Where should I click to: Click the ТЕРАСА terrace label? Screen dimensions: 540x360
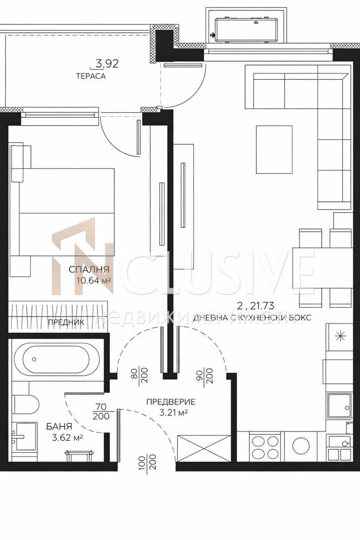[x=91, y=76]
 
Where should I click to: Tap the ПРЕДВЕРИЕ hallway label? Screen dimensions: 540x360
[x=170, y=402]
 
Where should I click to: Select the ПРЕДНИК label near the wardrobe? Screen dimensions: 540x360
[x=66, y=323]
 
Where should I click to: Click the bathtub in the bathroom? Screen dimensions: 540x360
[x=57, y=360]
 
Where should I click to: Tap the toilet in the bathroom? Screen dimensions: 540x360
[x=25, y=404]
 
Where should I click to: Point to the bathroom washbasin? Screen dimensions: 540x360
[x=24, y=436]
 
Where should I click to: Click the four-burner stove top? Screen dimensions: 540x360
[x=265, y=447]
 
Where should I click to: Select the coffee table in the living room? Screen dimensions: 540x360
[x=274, y=150]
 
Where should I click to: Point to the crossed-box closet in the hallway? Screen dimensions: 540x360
[x=203, y=448]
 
